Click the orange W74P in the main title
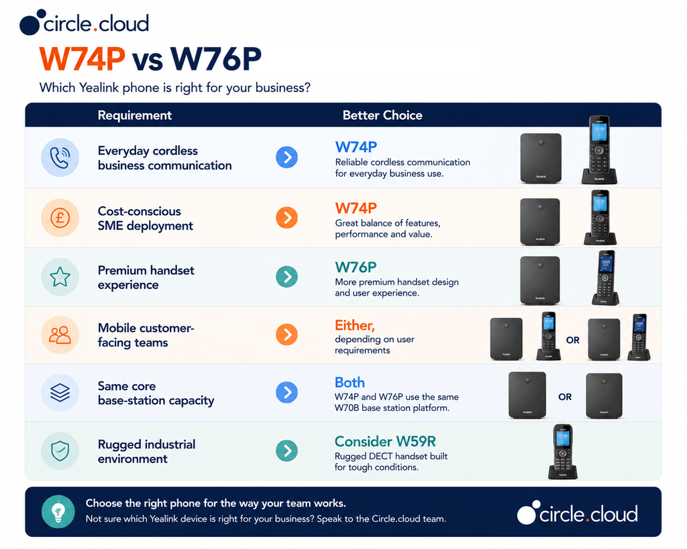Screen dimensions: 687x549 pos(83,59)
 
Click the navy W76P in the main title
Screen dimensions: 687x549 pos(216,59)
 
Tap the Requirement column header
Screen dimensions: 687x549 pos(134,115)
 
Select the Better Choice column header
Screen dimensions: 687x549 pos(382,115)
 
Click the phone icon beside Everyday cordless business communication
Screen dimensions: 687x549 pos(60,158)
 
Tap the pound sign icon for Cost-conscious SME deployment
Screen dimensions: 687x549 pos(60,218)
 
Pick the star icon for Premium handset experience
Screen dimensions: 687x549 pos(60,277)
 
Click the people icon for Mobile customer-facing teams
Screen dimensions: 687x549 pos(60,335)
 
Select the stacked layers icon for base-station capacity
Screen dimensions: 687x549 pos(60,393)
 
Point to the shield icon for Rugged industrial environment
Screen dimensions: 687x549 pos(60,451)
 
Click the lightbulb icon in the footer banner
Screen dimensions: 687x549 pos(58,511)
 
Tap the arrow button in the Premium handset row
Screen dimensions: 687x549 pos(287,277)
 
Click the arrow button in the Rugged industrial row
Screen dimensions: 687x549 pos(287,450)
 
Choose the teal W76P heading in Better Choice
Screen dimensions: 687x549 pos(356,267)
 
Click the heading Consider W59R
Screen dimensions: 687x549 pos(385,441)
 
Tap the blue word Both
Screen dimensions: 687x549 pos(350,383)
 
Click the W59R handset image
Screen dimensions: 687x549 pos(563,451)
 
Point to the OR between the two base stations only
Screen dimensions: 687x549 pos(565,397)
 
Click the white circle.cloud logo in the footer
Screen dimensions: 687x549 pos(577,513)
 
